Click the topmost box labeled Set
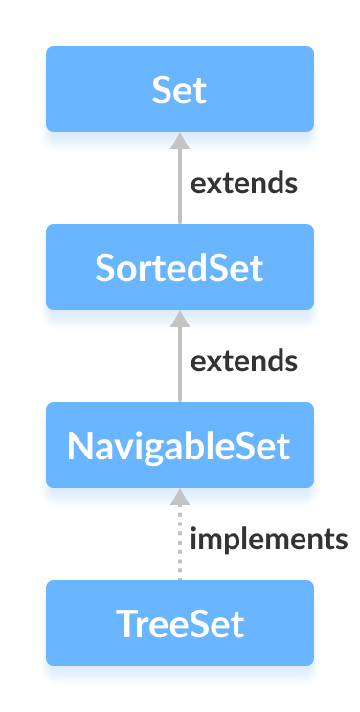click(180, 90)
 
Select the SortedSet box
click(180, 268)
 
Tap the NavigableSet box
click(180, 446)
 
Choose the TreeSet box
click(180, 623)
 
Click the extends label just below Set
click(243, 183)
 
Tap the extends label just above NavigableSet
click(243, 361)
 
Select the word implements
click(268, 540)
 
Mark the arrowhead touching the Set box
click(179, 140)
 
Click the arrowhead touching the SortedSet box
click(179, 318)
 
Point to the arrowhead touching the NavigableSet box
click(179, 496)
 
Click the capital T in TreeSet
click(124, 623)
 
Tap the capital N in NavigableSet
click(79, 446)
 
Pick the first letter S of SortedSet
click(104, 268)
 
